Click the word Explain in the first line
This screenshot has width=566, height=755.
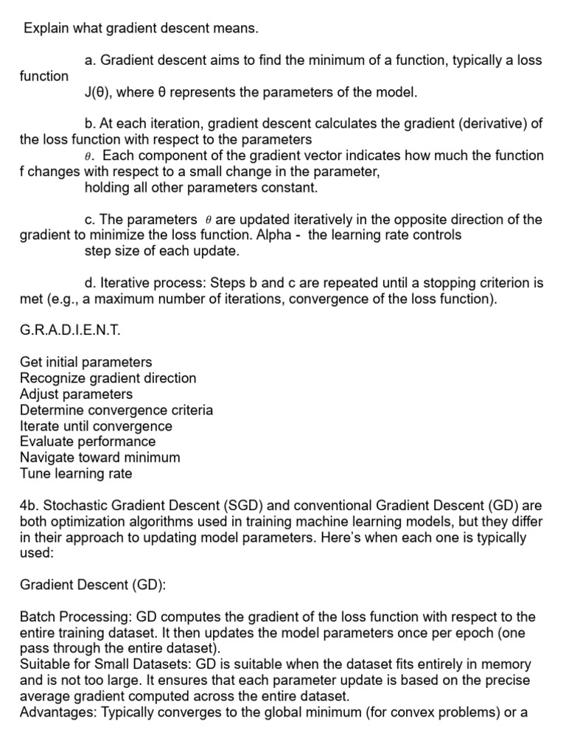click(x=46, y=29)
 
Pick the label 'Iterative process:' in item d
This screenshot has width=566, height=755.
click(x=153, y=282)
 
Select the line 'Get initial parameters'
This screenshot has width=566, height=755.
click(x=86, y=362)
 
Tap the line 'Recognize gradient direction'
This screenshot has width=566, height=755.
click(x=108, y=378)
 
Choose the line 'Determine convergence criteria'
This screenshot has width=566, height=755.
click(x=116, y=410)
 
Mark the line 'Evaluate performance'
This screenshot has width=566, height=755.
click(x=88, y=442)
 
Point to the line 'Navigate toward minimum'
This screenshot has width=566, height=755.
click(x=100, y=458)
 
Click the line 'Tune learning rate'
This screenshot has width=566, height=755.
click(x=76, y=473)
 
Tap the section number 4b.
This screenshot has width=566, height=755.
click(x=29, y=506)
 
